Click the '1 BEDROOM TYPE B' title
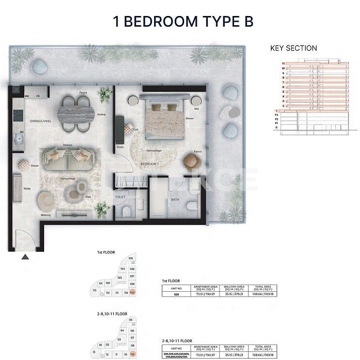[x=183, y=22]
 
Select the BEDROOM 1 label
[x=149, y=164]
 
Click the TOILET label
[x=120, y=197]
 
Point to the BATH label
[x=174, y=199]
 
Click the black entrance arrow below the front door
[x=25, y=258]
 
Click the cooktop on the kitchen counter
[x=18, y=115]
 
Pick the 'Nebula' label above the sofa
[x=68, y=144]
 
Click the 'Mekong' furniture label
[x=46, y=215]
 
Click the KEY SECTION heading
[x=293, y=48]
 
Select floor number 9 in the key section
[x=283, y=73]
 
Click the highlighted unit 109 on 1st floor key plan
[x=132, y=293]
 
